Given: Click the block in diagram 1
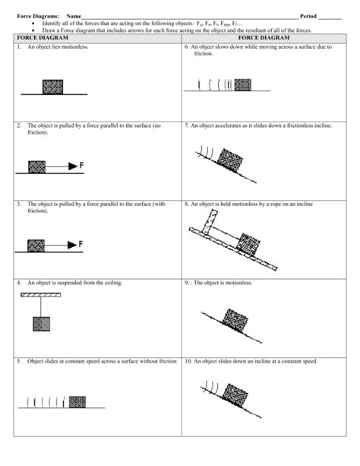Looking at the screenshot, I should coord(51,84).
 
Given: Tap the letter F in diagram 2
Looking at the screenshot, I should coord(81,165).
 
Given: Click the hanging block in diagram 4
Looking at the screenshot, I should coord(40,324).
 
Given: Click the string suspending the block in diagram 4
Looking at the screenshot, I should coord(40,306).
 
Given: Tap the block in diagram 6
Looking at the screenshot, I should coord(242,84).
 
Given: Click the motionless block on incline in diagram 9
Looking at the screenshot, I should coord(235,319).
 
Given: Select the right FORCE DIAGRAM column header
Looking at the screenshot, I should coord(264,37).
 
